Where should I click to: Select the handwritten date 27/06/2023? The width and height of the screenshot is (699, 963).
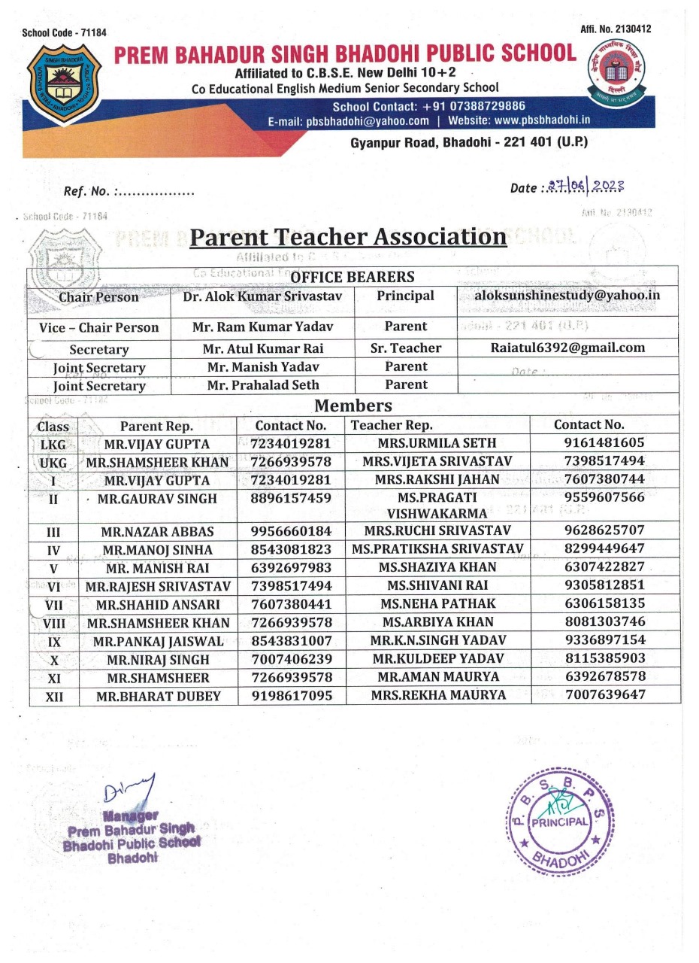coord(586,187)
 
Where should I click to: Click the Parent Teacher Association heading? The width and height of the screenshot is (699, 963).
coord(348,236)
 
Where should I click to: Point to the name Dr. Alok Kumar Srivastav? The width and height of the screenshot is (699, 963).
coord(262,296)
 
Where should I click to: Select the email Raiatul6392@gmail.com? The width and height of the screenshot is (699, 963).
coord(567,348)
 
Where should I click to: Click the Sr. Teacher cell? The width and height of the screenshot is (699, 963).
coord(406,348)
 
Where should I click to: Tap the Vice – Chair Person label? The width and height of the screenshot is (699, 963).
coord(98,327)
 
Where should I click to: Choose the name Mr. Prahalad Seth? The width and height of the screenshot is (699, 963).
coord(262,385)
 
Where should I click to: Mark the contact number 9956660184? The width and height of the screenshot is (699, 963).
coord(291,532)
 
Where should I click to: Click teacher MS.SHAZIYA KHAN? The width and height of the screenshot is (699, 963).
coord(437,567)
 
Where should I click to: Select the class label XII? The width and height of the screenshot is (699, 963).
coord(54,697)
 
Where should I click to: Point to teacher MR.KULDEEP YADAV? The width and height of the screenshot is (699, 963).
coord(437,659)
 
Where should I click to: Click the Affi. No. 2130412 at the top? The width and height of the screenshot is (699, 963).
coord(616,29)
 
